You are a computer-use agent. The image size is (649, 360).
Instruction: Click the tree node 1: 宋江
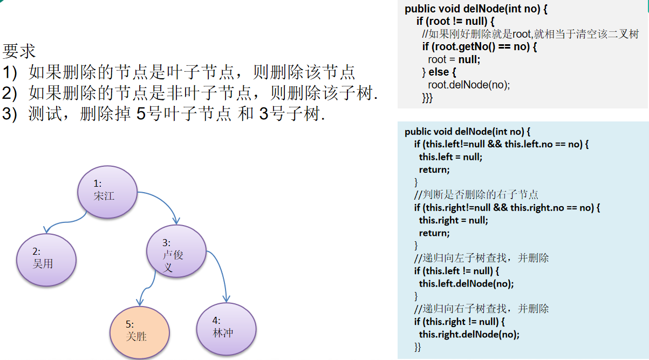[107, 192]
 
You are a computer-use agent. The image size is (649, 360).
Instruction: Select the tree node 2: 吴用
[46, 260]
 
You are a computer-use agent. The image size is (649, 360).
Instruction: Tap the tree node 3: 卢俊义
[176, 251]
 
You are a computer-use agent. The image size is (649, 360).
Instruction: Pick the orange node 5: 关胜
[140, 332]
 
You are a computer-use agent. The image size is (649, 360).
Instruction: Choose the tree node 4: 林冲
[226, 329]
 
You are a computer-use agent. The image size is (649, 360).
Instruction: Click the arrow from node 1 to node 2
[65, 222]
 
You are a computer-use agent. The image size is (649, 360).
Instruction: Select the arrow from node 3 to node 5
[148, 288]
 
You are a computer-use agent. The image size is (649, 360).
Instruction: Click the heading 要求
[19, 51]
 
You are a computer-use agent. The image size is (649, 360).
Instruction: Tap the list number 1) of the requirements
[10, 72]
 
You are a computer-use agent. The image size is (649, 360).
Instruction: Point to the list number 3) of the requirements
[10, 113]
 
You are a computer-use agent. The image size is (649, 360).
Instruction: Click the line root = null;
[454, 59]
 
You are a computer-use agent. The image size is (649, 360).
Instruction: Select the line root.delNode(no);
[469, 85]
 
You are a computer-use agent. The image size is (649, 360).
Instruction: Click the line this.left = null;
[450, 157]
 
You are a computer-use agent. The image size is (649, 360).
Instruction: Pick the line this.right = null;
[453, 220]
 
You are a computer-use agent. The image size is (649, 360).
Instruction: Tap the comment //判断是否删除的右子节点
[476, 194]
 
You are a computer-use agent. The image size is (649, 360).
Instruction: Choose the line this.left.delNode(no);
[466, 283]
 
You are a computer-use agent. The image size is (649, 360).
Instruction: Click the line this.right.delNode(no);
[469, 334]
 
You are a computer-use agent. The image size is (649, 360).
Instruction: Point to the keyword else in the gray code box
[439, 72]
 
